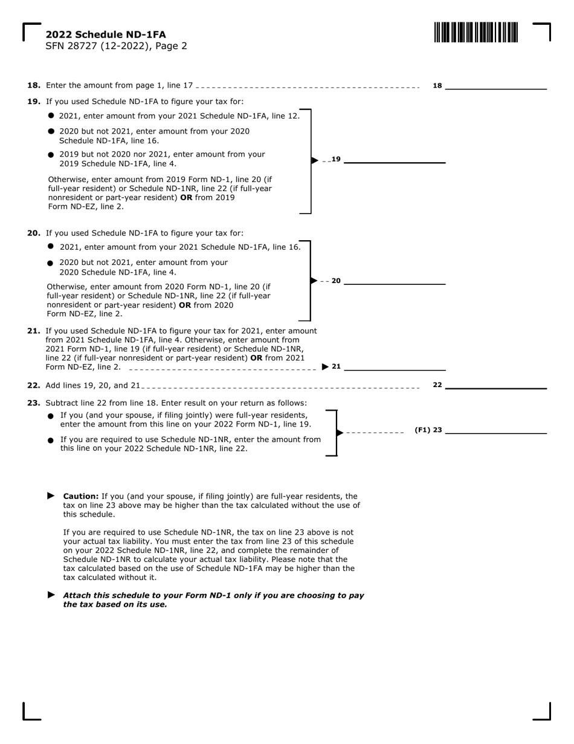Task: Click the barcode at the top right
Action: (x=476, y=32)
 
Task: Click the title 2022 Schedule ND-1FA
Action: (x=106, y=34)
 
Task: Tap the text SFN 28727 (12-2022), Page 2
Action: (x=116, y=46)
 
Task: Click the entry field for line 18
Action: (x=495, y=85)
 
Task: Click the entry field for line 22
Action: (x=495, y=384)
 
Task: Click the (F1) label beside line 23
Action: (x=422, y=430)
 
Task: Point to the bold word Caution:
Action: (x=81, y=496)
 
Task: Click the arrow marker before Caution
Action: (x=51, y=495)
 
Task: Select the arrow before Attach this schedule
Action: (x=51, y=595)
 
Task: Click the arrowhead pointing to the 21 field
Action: (x=326, y=367)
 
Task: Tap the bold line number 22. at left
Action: (x=34, y=385)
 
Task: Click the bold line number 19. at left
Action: (x=34, y=102)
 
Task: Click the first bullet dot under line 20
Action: (x=51, y=246)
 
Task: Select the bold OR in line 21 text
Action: (x=256, y=358)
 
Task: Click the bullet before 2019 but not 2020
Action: (x=51, y=155)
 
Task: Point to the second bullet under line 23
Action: (x=51, y=440)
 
